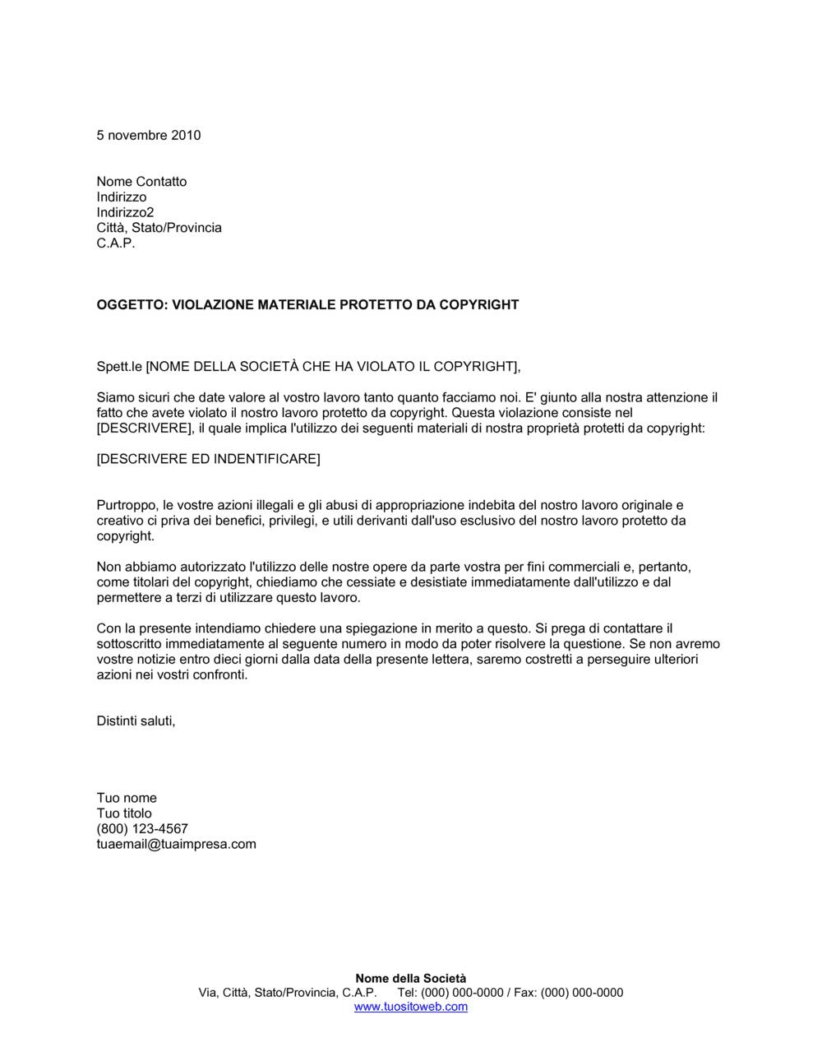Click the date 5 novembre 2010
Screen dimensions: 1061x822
[149, 136]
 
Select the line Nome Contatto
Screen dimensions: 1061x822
[141, 182]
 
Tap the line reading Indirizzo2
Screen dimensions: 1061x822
[125, 213]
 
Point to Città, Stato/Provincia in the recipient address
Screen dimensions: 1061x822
[159, 228]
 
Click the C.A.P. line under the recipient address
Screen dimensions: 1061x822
[116, 243]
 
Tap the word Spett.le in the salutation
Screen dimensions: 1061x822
[119, 367]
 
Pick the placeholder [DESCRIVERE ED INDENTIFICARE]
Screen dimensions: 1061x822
[208, 459]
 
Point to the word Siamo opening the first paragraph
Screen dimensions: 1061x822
[115, 398]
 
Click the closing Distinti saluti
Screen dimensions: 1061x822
[136, 721]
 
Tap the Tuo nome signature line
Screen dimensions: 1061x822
[127, 799]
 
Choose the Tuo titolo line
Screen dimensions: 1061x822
[124, 814]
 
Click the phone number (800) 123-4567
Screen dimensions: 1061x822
[142, 829]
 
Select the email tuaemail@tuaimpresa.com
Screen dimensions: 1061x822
[176, 845]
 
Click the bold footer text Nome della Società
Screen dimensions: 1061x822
[410, 979]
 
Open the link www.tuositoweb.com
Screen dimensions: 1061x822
[410, 1007]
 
